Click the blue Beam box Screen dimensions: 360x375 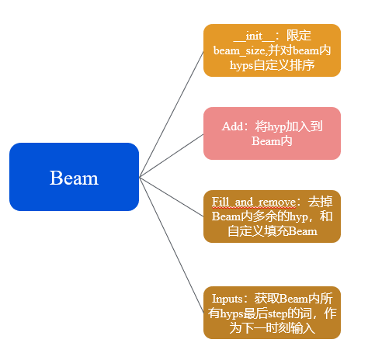pos(74,177)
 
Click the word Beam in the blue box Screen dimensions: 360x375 pos(74,178)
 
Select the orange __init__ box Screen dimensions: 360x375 pos(272,50)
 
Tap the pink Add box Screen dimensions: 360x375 pos(272,133)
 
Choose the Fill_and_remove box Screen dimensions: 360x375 pos(272,216)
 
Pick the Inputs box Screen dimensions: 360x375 pos(272,313)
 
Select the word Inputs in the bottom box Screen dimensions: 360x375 pos(228,298)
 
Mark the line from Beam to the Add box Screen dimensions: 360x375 pos(171,156)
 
